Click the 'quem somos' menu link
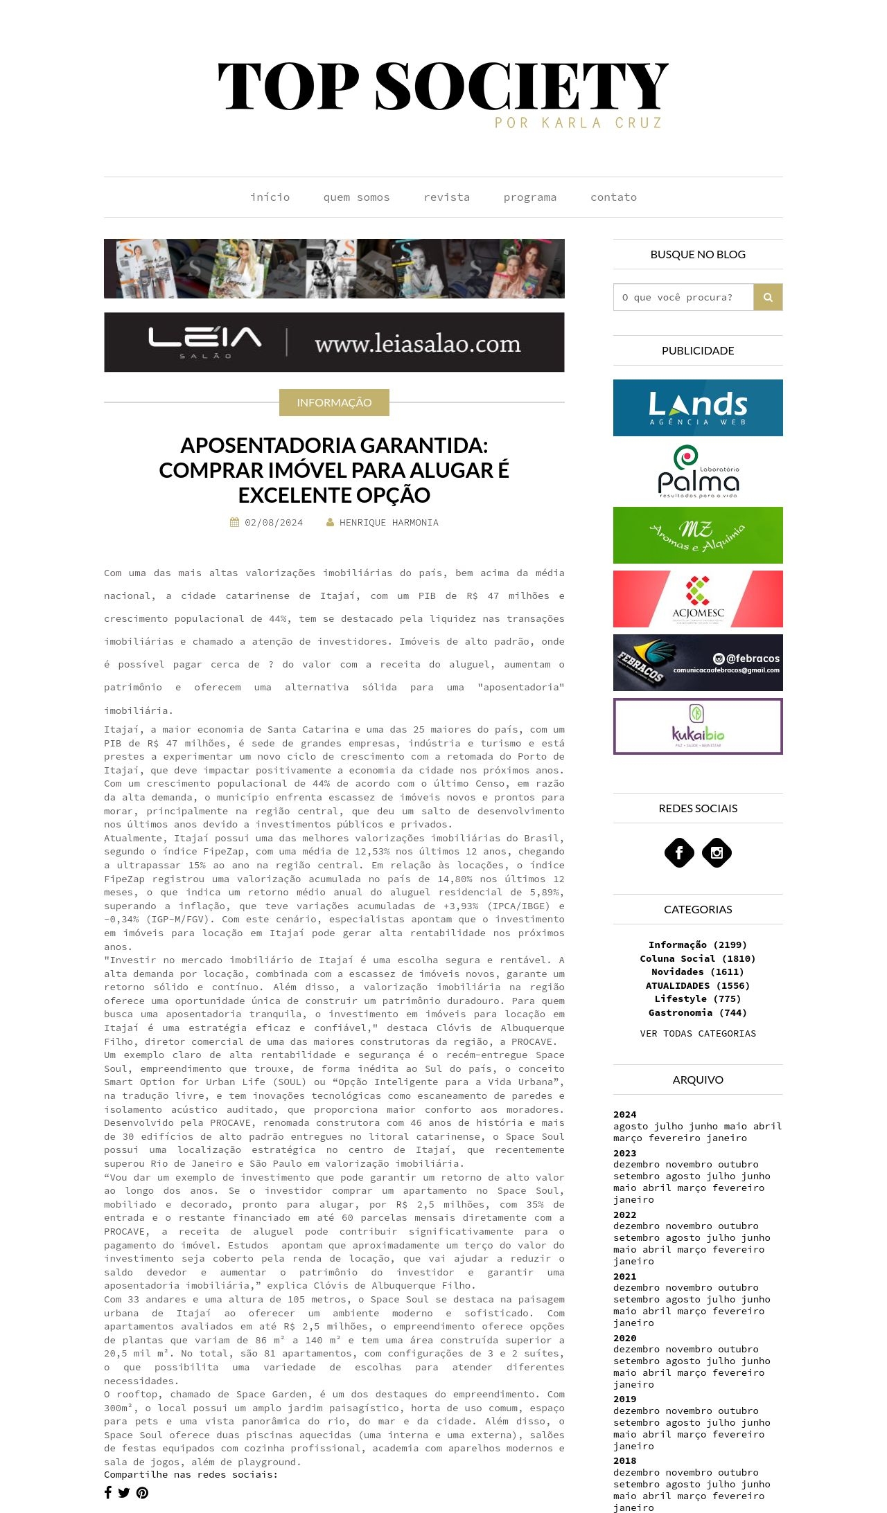[356, 197]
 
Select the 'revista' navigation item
[446, 197]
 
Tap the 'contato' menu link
[613, 197]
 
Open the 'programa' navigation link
[529, 197]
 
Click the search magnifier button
[768, 297]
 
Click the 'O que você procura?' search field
[683, 297]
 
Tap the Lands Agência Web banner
[698, 408]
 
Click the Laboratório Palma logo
[698, 472]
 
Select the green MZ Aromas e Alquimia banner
[698, 535]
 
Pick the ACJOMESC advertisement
[698, 599]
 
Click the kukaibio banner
[698, 726]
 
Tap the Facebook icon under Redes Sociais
[679, 852]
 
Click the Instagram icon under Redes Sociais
[717, 852]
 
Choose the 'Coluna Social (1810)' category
[698, 958]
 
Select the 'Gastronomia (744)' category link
[698, 1012]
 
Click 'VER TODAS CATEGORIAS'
[698, 1033]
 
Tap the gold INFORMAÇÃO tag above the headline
[334, 402]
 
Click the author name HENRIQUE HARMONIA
[389, 523]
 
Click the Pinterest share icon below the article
[142, 1493]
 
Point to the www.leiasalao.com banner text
[417, 343]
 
